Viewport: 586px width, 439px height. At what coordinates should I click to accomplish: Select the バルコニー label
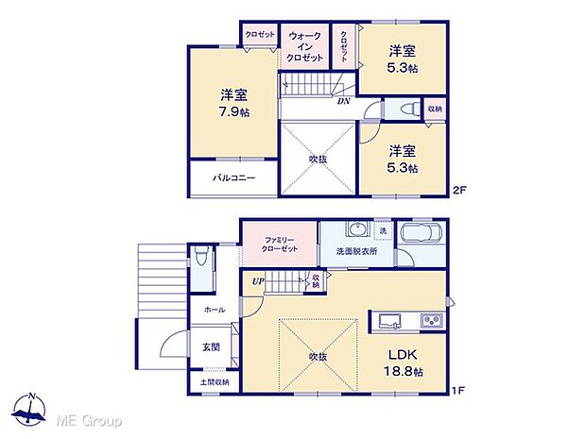[x=233, y=178]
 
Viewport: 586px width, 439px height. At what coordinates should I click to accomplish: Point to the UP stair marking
[x=256, y=280]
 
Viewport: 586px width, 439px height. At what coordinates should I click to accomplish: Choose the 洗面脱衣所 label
[x=355, y=252]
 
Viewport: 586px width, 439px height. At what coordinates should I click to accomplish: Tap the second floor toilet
[x=406, y=110]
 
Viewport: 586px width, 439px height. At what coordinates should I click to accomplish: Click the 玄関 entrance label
[x=212, y=346]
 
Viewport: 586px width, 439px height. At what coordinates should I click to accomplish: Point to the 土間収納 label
[x=215, y=382]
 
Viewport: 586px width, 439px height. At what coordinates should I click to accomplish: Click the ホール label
[x=214, y=309]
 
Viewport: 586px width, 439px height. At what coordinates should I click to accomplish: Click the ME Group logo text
[x=88, y=418]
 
